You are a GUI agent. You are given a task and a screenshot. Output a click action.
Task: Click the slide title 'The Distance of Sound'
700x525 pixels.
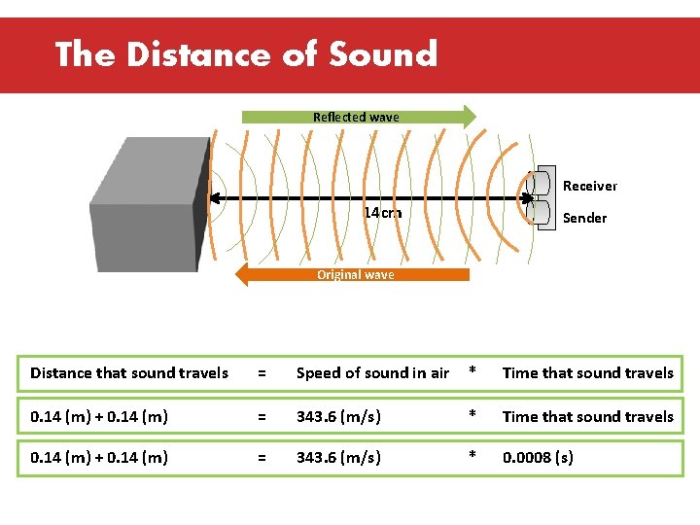(246, 54)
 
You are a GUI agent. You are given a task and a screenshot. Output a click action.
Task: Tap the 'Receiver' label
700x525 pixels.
(589, 186)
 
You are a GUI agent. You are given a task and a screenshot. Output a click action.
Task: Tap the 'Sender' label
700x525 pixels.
(584, 218)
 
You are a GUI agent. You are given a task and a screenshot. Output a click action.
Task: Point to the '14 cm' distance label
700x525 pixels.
(382, 213)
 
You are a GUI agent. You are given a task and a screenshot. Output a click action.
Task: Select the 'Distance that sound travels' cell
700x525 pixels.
(129, 373)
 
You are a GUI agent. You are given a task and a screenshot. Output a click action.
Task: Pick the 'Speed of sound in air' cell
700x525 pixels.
(372, 373)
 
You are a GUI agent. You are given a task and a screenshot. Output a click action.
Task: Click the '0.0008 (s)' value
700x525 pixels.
(538, 457)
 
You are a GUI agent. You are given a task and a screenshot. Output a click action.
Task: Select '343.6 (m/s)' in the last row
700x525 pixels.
(338, 457)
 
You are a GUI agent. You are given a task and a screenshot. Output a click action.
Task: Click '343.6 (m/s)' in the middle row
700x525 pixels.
(338, 416)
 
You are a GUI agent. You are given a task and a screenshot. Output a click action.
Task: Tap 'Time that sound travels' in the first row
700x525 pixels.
(587, 373)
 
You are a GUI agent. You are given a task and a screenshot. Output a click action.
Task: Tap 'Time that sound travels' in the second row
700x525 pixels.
(587, 416)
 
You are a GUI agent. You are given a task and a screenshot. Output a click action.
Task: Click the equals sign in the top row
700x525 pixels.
(261, 373)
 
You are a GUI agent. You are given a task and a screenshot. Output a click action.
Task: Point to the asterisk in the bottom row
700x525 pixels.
(472, 457)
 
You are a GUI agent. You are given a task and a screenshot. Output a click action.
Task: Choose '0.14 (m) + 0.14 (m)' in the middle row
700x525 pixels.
(99, 416)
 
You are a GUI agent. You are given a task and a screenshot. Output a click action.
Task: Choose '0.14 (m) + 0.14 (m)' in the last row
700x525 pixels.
(99, 457)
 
